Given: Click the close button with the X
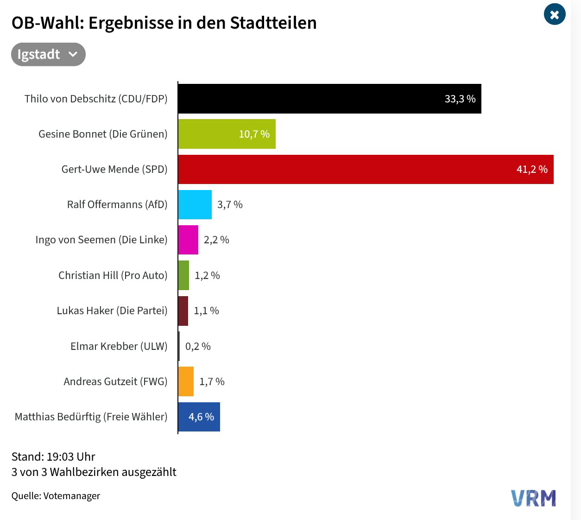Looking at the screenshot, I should point(555,14).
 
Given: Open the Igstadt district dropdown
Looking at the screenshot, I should point(48,54).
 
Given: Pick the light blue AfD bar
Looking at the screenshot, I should point(195,204).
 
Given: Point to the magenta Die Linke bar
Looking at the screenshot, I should point(189,240).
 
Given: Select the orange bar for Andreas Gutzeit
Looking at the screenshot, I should point(186,381).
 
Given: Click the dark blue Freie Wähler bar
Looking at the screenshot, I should point(199,417).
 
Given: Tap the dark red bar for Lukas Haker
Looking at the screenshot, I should point(183,311).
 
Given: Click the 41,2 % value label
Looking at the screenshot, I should point(532,169).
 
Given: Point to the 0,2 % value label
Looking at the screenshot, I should point(198,346).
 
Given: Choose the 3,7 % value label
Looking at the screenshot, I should point(230,204).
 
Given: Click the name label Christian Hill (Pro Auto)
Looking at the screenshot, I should point(113,275).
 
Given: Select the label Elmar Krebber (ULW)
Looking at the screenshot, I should point(119,346).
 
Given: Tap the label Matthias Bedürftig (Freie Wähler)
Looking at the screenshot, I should point(91,417).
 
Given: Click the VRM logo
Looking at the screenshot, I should point(533,498).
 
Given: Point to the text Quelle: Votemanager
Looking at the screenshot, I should point(56,496).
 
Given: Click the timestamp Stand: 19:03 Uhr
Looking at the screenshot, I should point(53,457).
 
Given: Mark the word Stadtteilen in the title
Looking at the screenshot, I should point(273,23).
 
